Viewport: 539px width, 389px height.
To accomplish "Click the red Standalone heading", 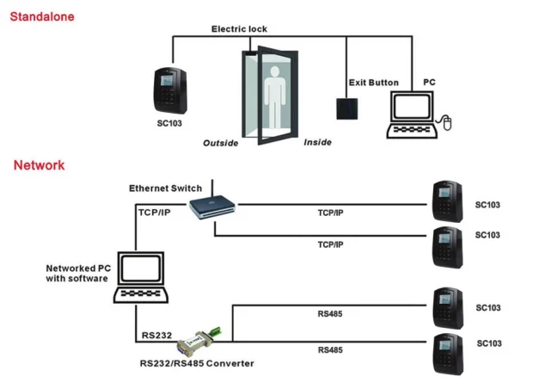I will coord(41,16).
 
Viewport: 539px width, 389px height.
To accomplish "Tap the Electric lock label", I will coord(240,29).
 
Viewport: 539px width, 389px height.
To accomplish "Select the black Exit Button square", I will coord(346,108).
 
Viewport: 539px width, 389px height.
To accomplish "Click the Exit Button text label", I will coord(373,83).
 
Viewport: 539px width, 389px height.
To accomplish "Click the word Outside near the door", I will coord(220,143).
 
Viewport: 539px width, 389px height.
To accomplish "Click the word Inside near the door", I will coord(317,142).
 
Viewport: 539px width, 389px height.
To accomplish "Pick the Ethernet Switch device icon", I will coord(211,205).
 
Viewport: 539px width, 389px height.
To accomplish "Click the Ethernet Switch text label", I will coord(165,188).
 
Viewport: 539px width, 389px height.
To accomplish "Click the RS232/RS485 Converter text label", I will coord(197,363).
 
